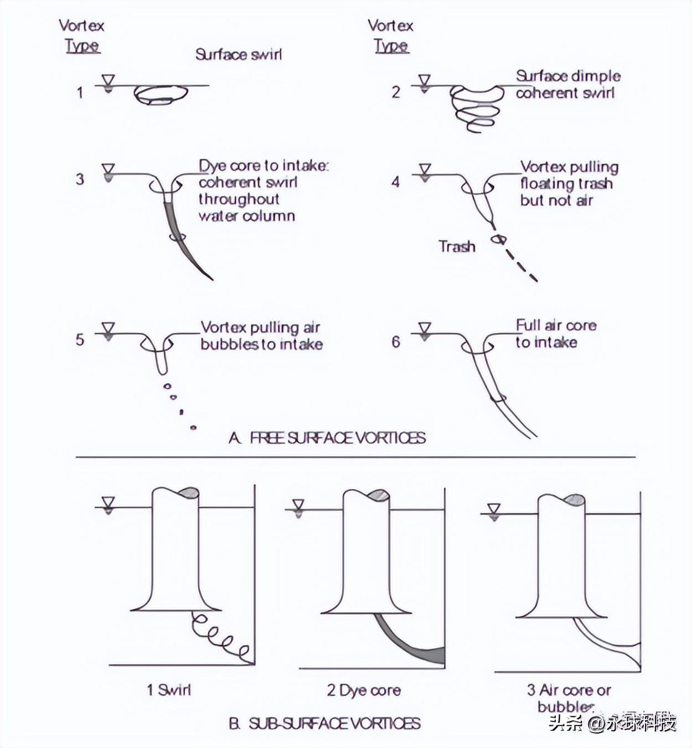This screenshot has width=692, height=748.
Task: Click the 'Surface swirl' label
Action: (238, 54)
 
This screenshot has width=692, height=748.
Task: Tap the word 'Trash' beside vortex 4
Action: (457, 246)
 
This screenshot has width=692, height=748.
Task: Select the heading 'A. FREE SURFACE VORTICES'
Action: (327, 438)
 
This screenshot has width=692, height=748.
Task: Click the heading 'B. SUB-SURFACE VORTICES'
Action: (325, 723)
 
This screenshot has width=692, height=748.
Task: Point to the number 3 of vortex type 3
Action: (80, 179)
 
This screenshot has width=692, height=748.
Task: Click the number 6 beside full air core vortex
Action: (396, 341)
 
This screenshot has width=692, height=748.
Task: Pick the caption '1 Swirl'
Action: (169, 690)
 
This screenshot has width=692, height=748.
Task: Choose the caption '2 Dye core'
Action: (364, 690)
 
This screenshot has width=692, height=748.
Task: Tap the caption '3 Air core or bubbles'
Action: (568, 698)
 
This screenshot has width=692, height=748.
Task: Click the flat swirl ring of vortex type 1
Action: (161, 95)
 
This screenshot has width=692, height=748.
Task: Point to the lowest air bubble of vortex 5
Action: (193, 427)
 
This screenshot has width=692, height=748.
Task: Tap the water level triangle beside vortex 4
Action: (425, 170)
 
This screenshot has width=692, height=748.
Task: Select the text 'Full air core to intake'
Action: (555, 334)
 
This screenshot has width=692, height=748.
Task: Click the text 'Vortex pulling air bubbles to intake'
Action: (261, 336)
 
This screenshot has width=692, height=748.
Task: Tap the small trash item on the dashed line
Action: (500, 239)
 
